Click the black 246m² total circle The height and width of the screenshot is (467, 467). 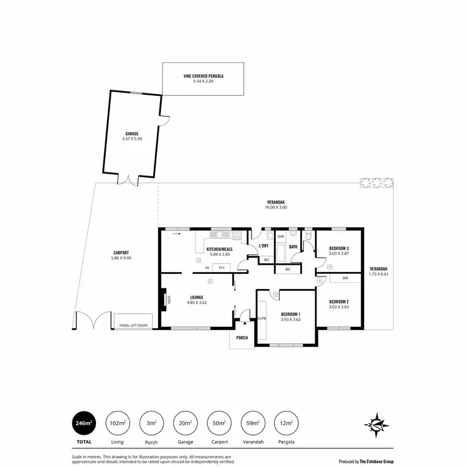tap(83, 423)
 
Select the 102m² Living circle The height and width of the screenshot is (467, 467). tap(117, 423)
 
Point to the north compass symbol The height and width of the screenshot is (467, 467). tap(377, 423)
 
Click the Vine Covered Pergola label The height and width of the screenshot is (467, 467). tap(203, 76)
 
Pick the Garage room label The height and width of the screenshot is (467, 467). tap(131, 133)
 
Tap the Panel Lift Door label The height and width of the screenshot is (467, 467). tap(134, 324)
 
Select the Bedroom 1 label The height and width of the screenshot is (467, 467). tap(291, 314)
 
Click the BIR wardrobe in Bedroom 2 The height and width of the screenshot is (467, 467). tap(345, 278)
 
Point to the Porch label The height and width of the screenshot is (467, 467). tap(242, 338)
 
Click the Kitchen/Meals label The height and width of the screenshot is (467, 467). tap(219, 249)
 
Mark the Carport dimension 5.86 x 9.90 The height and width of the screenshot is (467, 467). tap(121, 258)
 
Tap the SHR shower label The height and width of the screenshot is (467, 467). tap(281, 237)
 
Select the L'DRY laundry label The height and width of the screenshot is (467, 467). tap(263, 246)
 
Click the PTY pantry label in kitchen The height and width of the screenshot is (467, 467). tap(221, 268)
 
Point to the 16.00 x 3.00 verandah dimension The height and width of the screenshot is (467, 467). tap(276, 207)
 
